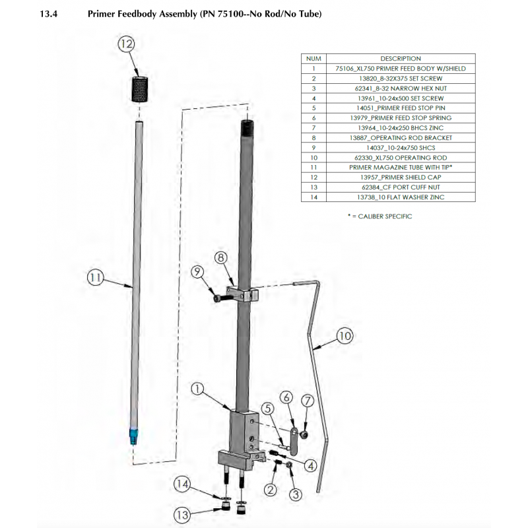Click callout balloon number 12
(x=126, y=44)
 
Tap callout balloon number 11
(x=96, y=279)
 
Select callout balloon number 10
(x=345, y=335)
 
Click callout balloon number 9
(x=197, y=272)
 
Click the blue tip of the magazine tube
(x=134, y=436)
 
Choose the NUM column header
(x=314, y=58)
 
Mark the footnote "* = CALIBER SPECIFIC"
(x=379, y=216)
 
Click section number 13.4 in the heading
(x=51, y=14)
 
